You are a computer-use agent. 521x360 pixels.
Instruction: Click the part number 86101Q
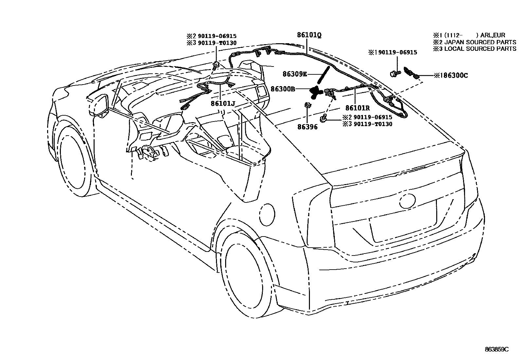click(309, 35)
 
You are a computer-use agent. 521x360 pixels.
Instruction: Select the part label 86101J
click(223, 104)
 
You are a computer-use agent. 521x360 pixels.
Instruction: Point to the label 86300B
click(283, 88)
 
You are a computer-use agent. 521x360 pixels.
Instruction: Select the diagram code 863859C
click(496, 350)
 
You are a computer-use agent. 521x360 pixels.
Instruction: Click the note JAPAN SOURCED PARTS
click(478, 42)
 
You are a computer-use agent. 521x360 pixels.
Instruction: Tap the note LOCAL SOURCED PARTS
click(478, 49)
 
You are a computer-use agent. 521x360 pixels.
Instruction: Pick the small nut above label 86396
click(308, 105)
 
